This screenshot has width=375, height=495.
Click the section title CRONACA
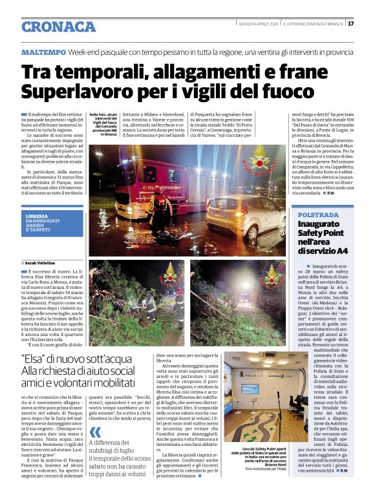pos(58,26)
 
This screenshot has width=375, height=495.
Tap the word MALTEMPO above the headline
pos(43,51)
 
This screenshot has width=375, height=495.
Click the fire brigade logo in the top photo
pos(262,158)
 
